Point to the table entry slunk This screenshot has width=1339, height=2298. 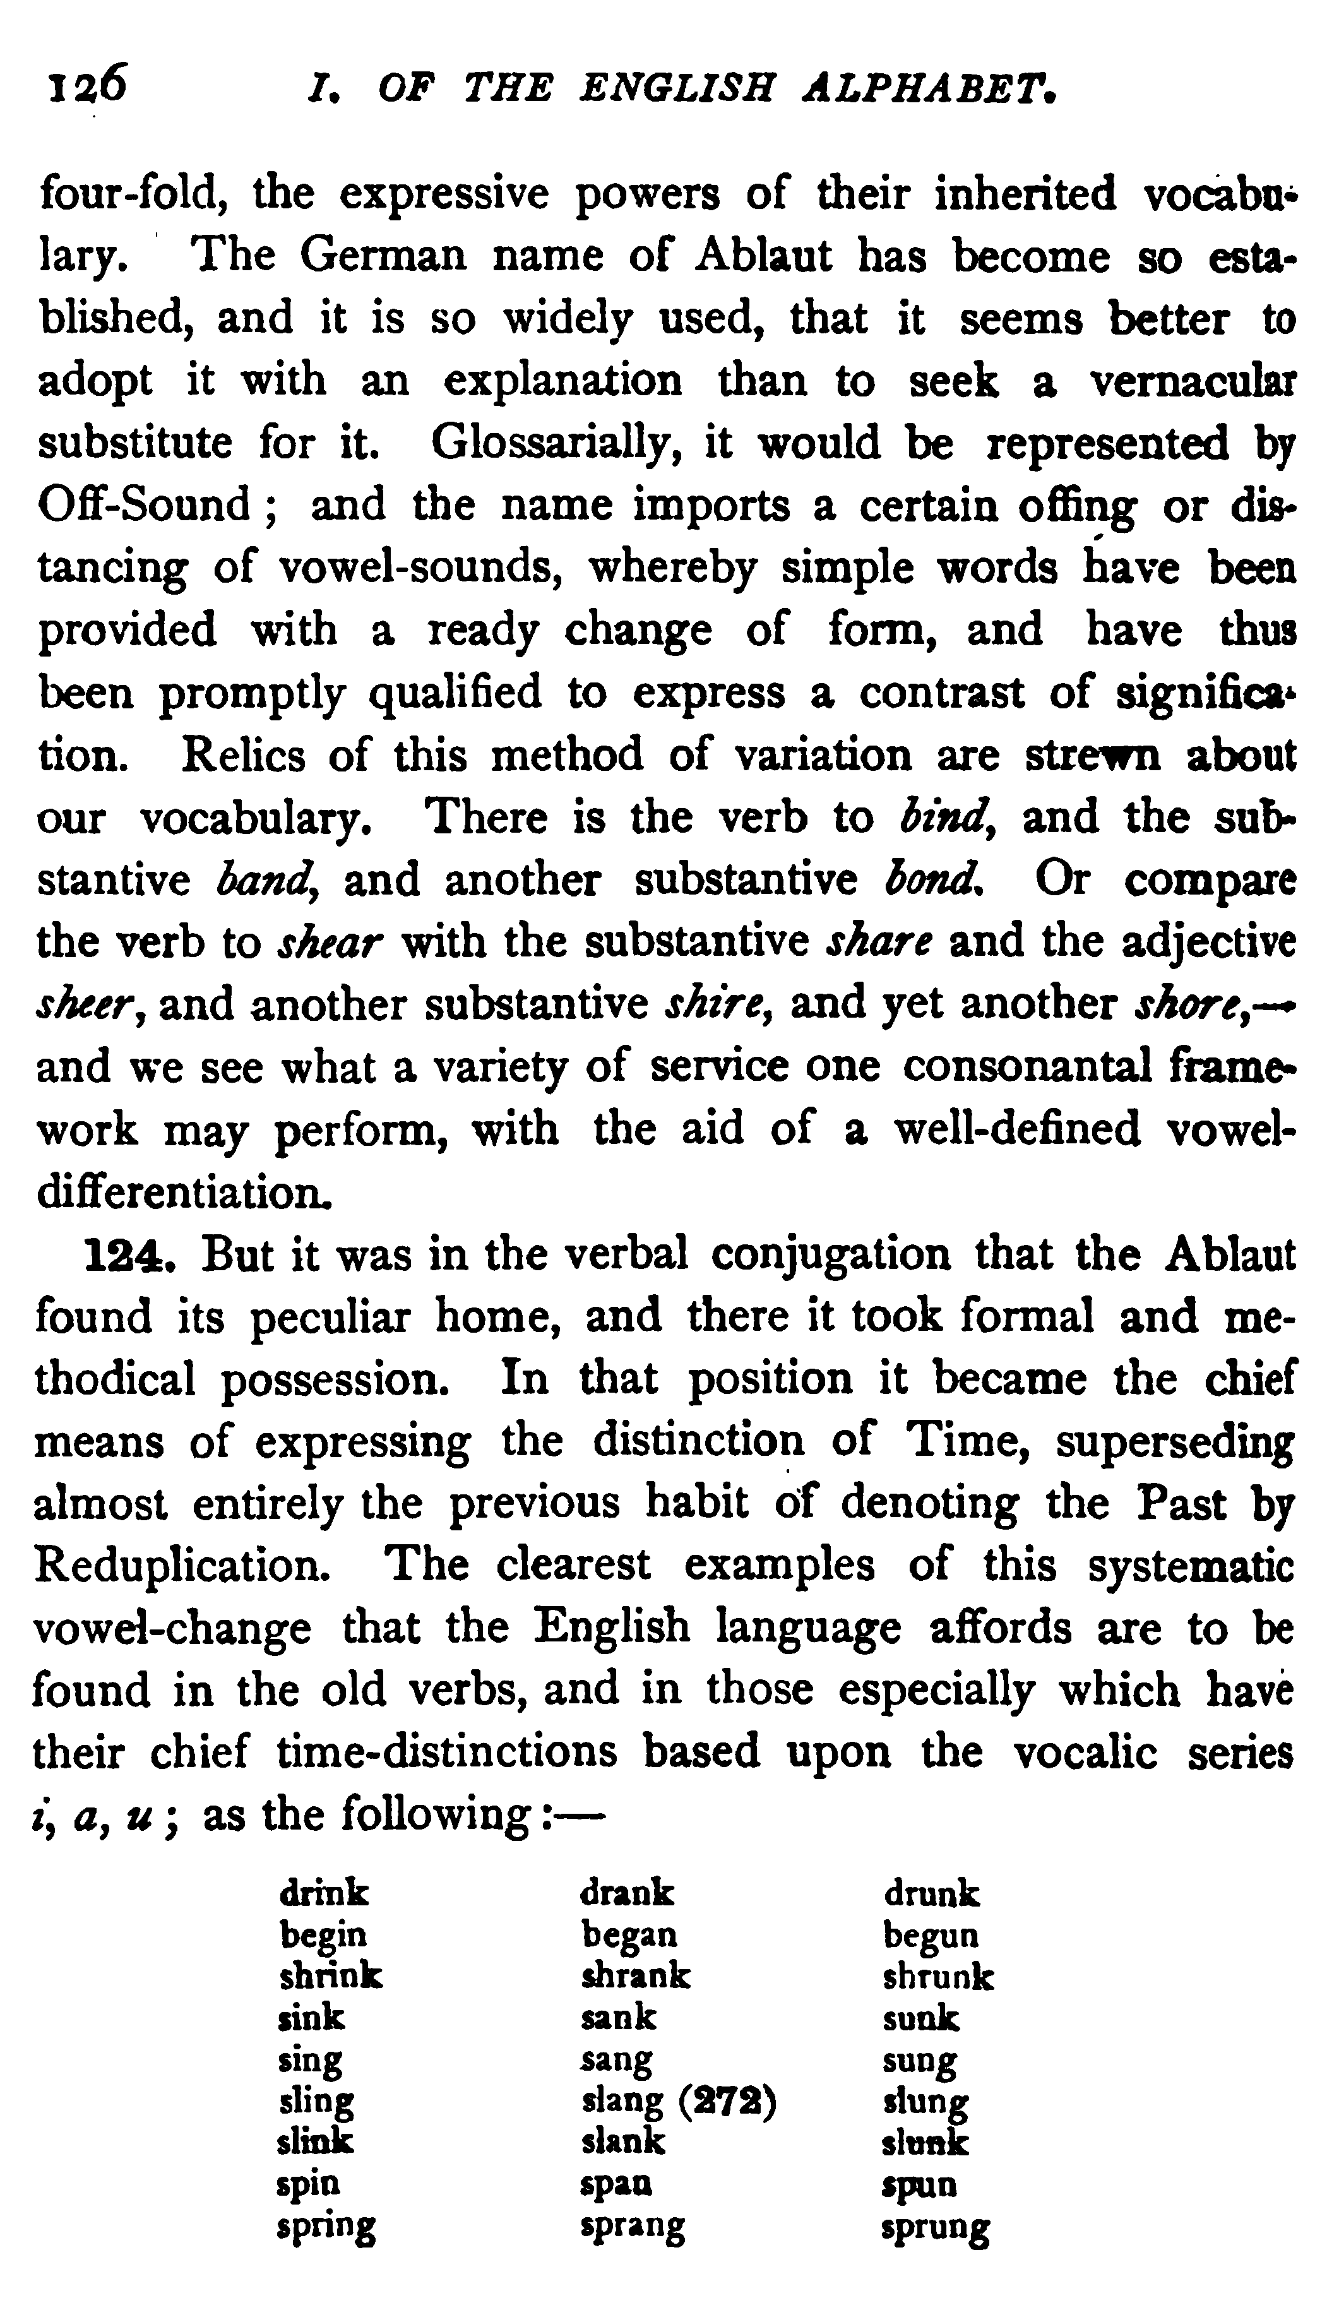click(924, 2143)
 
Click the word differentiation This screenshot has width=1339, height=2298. click(182, 1193)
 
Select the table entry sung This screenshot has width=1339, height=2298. click(919, 2060)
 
